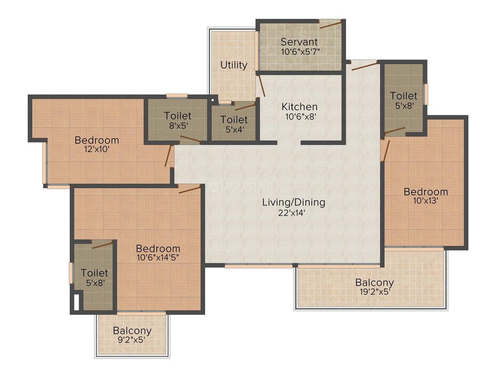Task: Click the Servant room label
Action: pyautogui.click(x=299, y=42)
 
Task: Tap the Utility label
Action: pyautogui.click(x=234, y=65)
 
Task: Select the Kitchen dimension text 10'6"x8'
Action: pyautogui.click(x=299, y=116)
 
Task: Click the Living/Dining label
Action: pyautogui.click(x=294, y=202)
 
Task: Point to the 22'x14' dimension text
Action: pyautogui.click(x=294, y=212)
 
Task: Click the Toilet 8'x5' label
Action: pyautogui.click(x=178, y=116)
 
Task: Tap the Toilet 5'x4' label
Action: pyautogui.click(x=234, y=120)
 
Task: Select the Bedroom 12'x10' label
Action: pyautogui.click(x=97, y=140)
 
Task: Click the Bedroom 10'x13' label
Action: pyautogui.click(x=425, y=192)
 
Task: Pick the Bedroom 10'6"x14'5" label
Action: pyautogui.click(x=158, y=248)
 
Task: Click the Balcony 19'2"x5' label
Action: pyautogui.click(x=374, y=283)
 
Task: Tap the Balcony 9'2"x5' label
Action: pyautogui.click(x=132, y=331)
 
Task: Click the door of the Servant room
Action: pyautogui.click(x=330, y=24)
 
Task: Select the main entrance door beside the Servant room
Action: pyautogui.click(x=364, y=66)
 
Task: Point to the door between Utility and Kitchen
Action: pyautogui.click(x=261, y=86)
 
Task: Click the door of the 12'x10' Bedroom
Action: pyautogui.click(x=169, y=156)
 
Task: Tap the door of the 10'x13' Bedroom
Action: pyautogui.click(x=386, y=150)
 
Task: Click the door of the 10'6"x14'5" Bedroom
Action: pyautogui.click(x=190, y=190)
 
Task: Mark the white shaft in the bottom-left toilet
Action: pyautogui.click(x=77, y=302)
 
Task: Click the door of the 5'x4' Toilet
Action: pyautogui.click(x=245, y=106)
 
